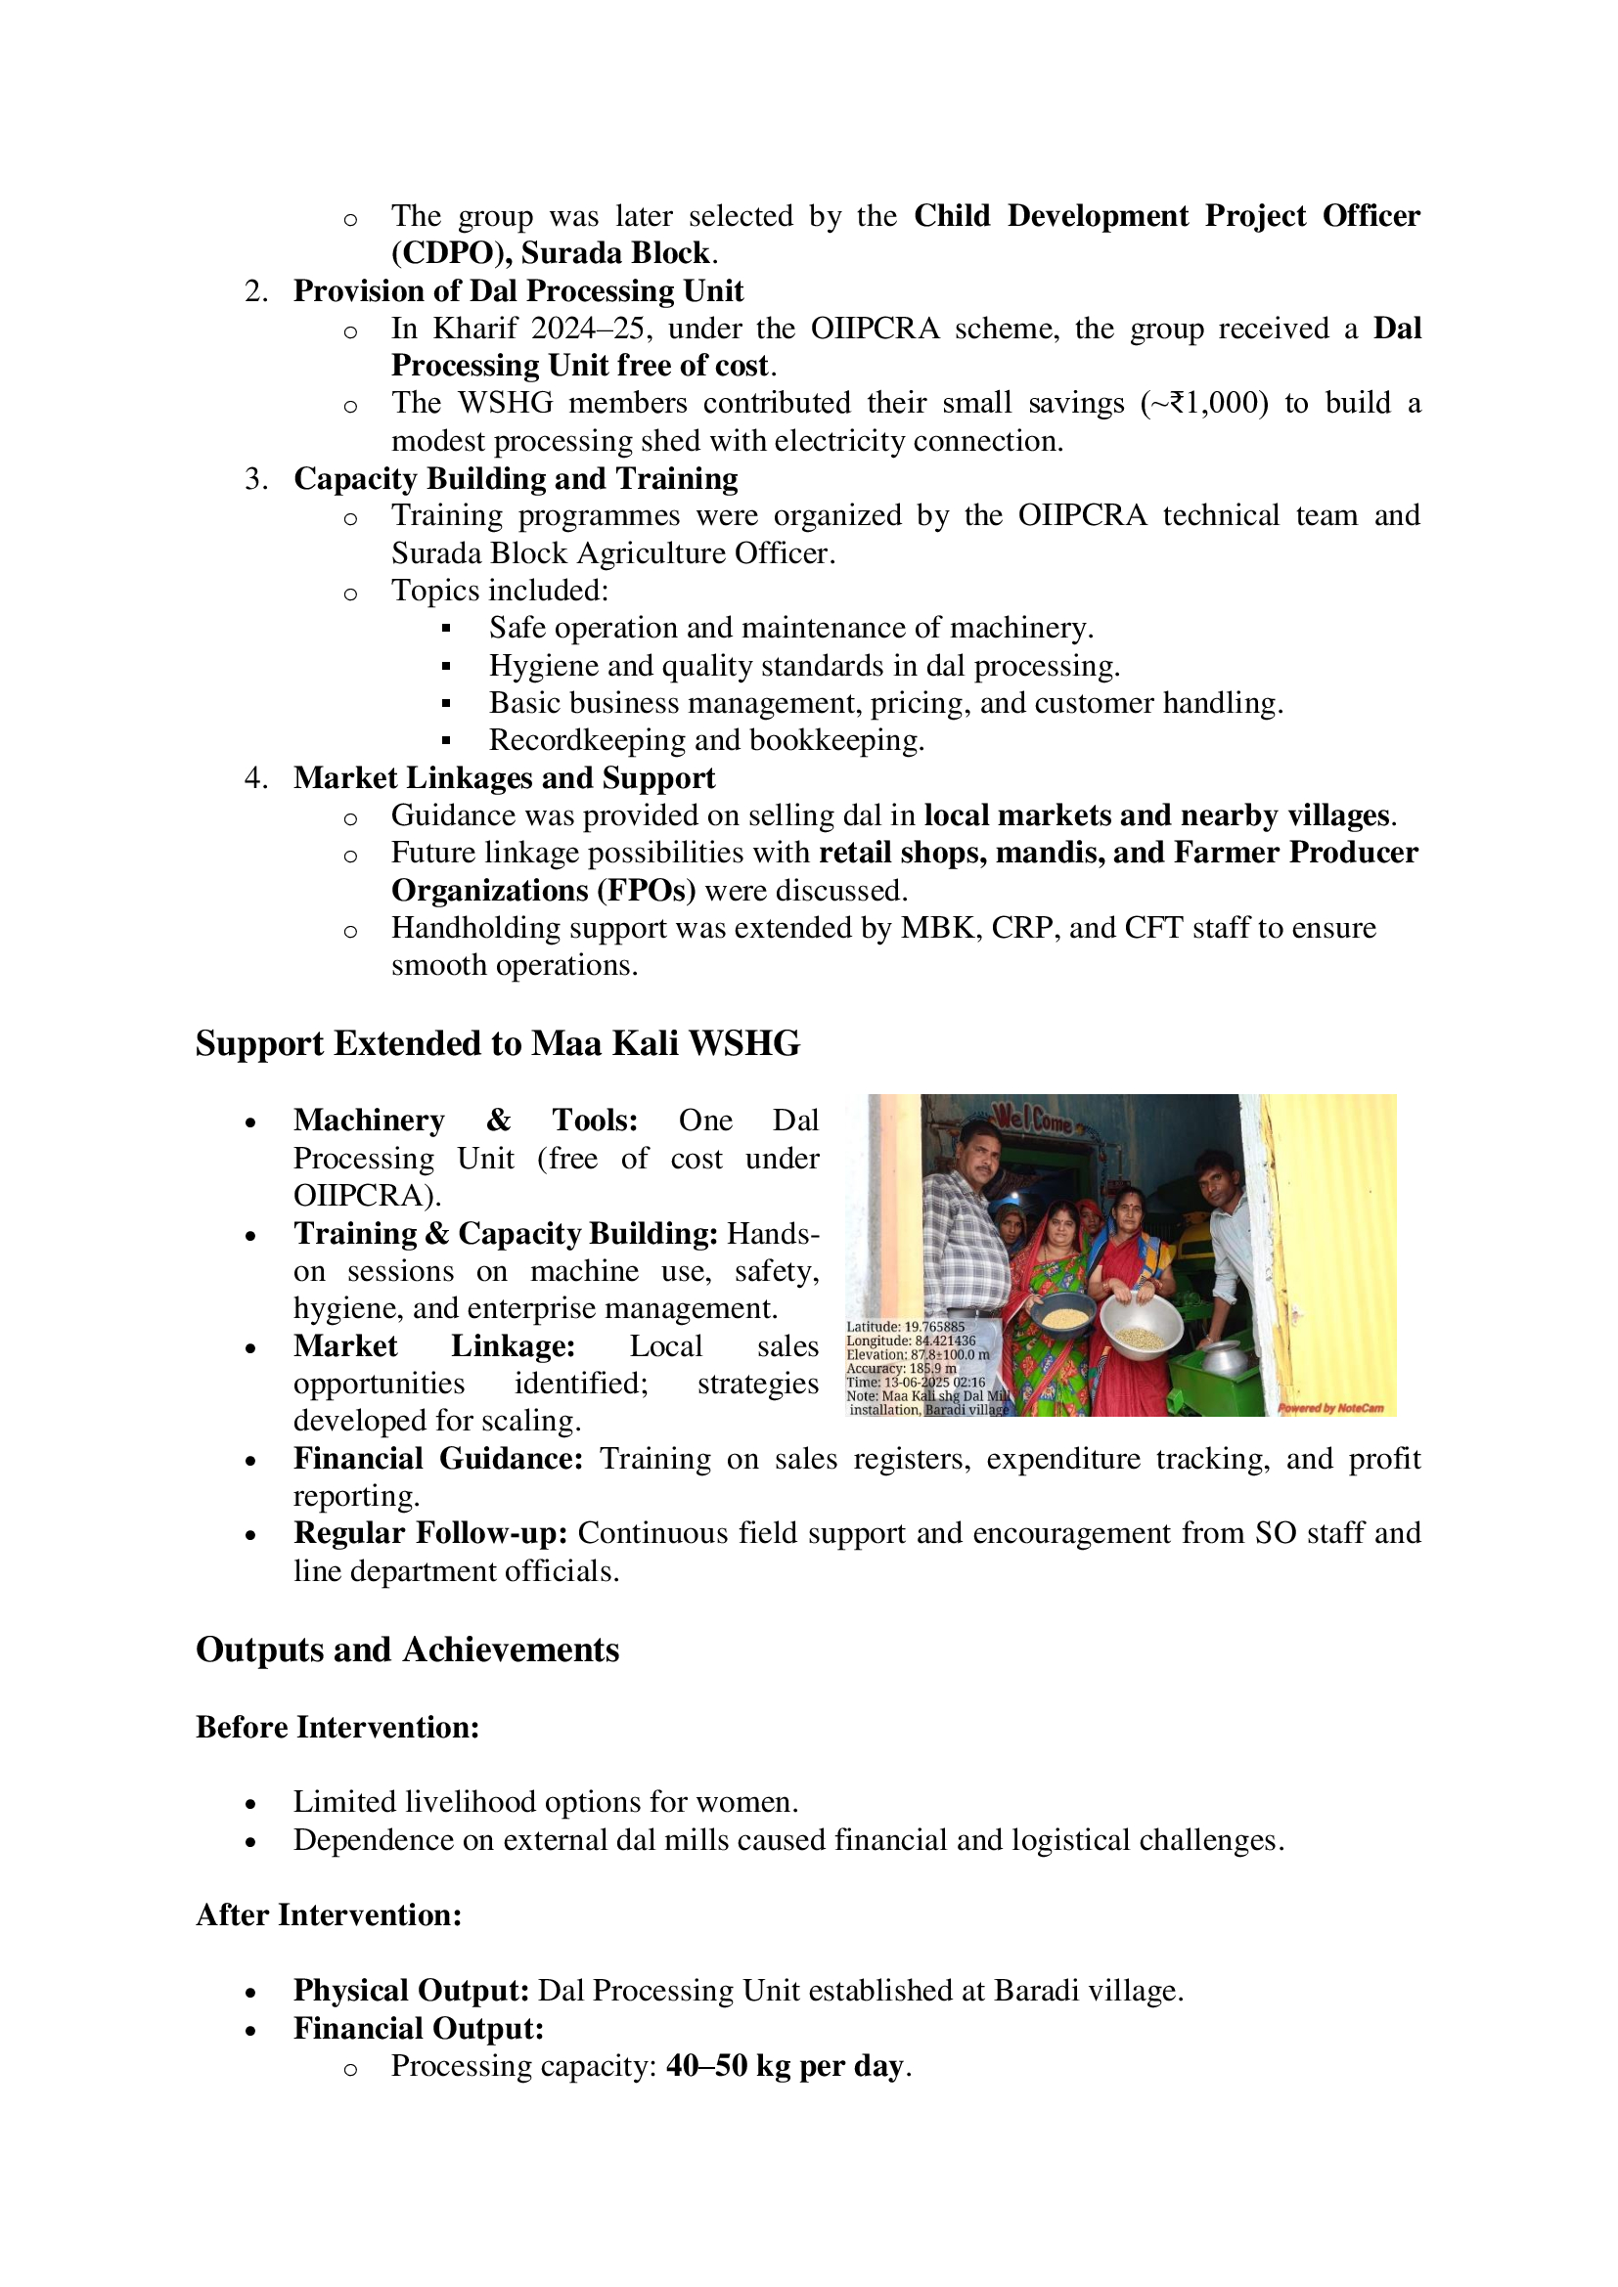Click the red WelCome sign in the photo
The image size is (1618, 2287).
[x=1031, y=1119]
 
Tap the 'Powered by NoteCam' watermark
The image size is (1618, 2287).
[x=1330, y=1407]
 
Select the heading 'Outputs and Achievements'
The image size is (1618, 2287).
[x=408, y=1649]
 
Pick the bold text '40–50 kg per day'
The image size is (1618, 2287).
[x=786, y=2065]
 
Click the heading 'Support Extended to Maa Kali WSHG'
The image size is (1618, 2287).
[x=497, y=1043]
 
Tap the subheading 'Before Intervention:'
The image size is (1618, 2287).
[x=337, y=1726]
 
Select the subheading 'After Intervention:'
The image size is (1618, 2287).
[x=329, y=1914]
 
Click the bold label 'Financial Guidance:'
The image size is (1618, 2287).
[x=437, y=1458]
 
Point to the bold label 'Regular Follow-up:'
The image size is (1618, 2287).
[x=430, y=1533]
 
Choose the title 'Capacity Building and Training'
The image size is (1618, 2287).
[x=516, y=478]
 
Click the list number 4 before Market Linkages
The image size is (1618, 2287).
[x=254, y=778]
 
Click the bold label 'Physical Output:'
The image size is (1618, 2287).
[x=411, y=1990]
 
